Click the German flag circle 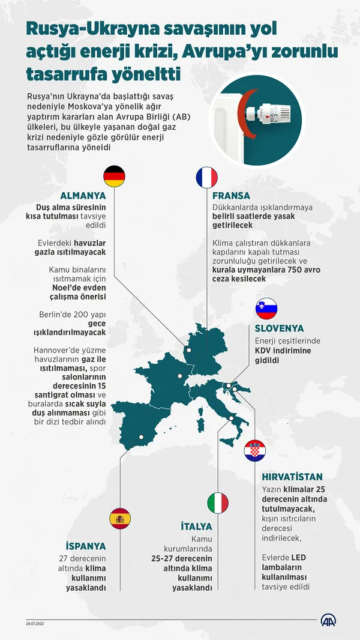tap(115, 177)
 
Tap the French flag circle tap(206, 177)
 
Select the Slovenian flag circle tap(266, 309)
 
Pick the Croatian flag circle tap(255, 450)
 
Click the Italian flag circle tap(218, 503)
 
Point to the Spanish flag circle tap(119, 518)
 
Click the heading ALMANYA tap(83, 196)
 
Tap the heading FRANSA tap(232, 196)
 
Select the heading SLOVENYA tap(279, 328)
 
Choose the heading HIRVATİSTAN tap(292, 477)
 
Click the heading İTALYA tap(197, 526)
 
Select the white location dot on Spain tap(141, 437)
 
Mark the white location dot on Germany tap(188, 350)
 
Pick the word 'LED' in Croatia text tap(299, 558)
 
